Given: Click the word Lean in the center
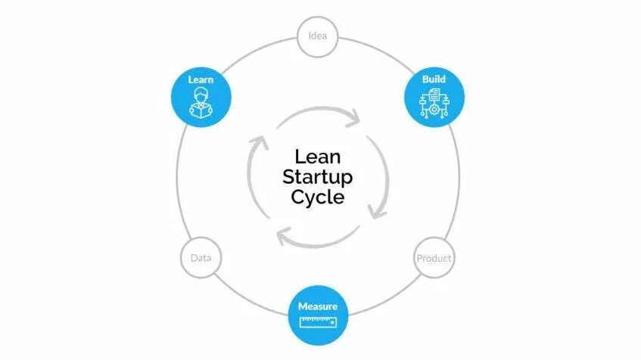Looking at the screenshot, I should point(318,157).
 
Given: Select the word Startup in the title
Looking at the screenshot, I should point(318,178).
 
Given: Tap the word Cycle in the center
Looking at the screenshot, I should point(318,197).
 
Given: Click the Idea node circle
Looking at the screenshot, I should point(317,36).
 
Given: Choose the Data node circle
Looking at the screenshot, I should point(201,258).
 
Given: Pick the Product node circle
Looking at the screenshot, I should point(434,258).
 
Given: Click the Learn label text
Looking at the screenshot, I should point(201,79).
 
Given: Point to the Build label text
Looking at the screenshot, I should point(434,79).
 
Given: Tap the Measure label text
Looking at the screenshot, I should point(318,306).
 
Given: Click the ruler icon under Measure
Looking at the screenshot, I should point(318,323).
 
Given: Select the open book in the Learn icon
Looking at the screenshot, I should point(201,110).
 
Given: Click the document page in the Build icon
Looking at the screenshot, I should point(434,95).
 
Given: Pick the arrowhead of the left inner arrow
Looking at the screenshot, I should point(260,141).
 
